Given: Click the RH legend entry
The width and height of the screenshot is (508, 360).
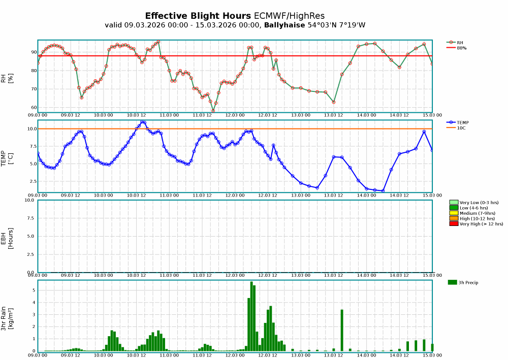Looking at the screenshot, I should point(459,43).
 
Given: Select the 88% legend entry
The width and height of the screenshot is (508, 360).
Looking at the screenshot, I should point(461,48).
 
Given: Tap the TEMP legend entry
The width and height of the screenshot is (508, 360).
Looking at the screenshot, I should point(462,122).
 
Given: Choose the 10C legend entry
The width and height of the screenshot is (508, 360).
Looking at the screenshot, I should point(460,127).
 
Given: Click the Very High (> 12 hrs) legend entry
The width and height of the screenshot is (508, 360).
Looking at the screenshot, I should point(481,223).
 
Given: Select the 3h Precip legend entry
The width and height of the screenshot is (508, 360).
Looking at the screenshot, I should point(467,282).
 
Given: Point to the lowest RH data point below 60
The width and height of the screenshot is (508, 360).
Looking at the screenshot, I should point(213,111).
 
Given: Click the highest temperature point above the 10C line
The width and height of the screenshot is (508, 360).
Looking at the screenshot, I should point(143,122).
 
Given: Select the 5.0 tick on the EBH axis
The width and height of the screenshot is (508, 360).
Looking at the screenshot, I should point(31,236).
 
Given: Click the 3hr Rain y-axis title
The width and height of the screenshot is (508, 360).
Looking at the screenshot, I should point(4,315).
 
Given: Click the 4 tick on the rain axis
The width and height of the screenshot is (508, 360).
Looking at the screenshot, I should point(34,303).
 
